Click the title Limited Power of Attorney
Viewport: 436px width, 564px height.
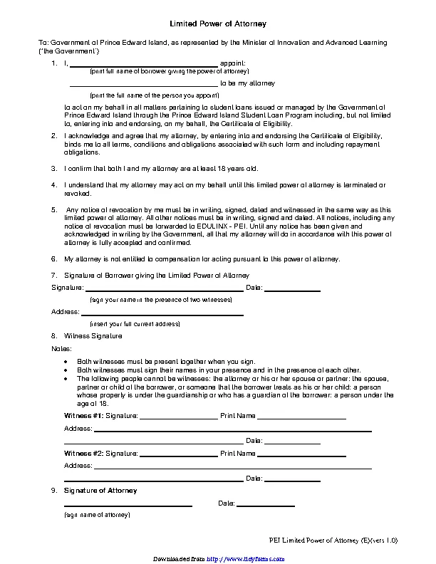tap(218, 23)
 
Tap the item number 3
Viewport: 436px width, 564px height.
tap(54, 169)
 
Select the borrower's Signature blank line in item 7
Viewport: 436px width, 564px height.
tap(164, 290)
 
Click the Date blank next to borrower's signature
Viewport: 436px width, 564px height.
tap(292, 290)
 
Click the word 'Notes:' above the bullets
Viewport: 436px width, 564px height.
tap(61, 348)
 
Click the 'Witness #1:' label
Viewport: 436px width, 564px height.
tap(83, 415)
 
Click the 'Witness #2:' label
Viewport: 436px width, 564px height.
tap(83, 453)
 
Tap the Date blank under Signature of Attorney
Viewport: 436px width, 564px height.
tap(265, 505)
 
